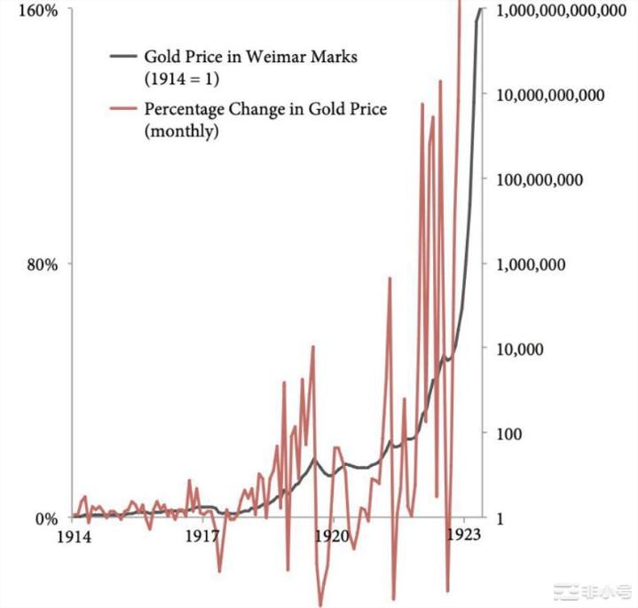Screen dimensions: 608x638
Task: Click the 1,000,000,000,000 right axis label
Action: pyautogui.click(x=563, y=12)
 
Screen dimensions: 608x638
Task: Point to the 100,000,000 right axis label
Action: pyautogui.click(x=542, y=180)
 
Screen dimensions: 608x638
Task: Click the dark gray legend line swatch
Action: pyautogui.click(x=122, y=56)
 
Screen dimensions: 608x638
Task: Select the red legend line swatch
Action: pyautogui.click(x=122, y=110)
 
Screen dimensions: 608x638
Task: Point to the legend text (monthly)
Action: pyautogui.click(x=182, y=131)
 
